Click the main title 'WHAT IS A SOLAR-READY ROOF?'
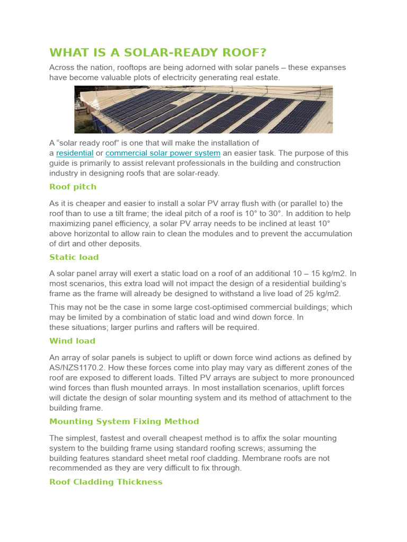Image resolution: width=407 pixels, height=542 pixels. point(157,53)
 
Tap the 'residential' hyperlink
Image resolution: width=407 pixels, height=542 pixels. point(75,153)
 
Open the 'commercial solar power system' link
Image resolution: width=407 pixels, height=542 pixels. point(163,153)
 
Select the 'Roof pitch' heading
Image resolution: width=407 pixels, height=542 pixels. point(73,187)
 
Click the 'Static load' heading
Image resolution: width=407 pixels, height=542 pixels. point(74,257)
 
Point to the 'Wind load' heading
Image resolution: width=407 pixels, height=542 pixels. point(72,341)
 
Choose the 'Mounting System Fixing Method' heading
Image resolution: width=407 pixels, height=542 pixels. point(124,421)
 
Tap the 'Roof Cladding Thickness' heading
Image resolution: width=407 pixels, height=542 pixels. point(105,482)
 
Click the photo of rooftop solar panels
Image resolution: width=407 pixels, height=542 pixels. point(203,110)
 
